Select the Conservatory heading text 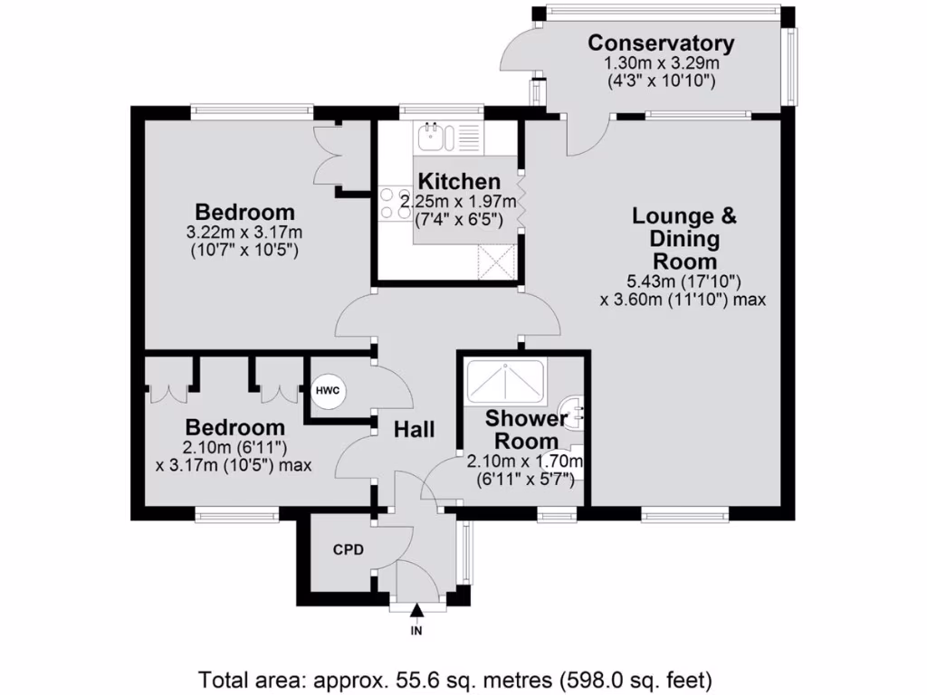[x=660, y=43]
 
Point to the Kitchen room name [x=459, y=182]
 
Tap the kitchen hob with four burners [x=396, y=204]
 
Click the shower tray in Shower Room [x=505, y=381]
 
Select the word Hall [x=414, y=429]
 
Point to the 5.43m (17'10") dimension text [x=683, y=281]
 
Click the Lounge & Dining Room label [x=683, y=239]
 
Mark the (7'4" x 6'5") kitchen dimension [x=459, y=218]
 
